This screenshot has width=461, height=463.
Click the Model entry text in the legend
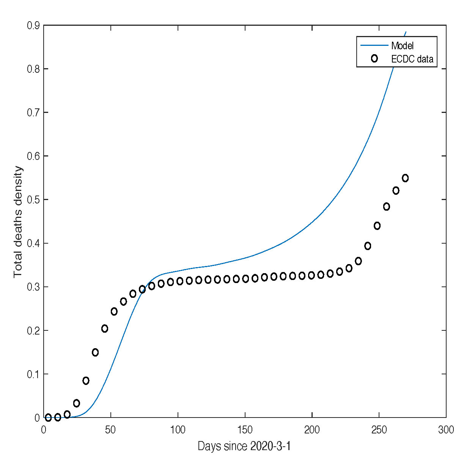[402, 46]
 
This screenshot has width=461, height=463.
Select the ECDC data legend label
[412, 59]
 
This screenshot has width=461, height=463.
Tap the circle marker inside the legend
[374, 58]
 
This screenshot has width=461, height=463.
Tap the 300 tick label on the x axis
[446, 430]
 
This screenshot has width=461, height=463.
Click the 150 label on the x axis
[245, 430]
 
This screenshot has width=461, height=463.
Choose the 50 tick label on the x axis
[110, 430]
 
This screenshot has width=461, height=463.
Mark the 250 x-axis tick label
[379, 430]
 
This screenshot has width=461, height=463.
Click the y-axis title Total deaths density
[18, 222]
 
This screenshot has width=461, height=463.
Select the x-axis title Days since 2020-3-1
[244, 446]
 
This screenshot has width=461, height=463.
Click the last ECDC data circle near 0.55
[405, 178]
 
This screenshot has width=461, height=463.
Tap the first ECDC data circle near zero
[48, 418]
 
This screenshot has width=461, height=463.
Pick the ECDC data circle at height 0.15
[95, 352]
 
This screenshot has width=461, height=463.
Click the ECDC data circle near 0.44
[377, 226]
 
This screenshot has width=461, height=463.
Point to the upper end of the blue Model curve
[406, 32]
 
